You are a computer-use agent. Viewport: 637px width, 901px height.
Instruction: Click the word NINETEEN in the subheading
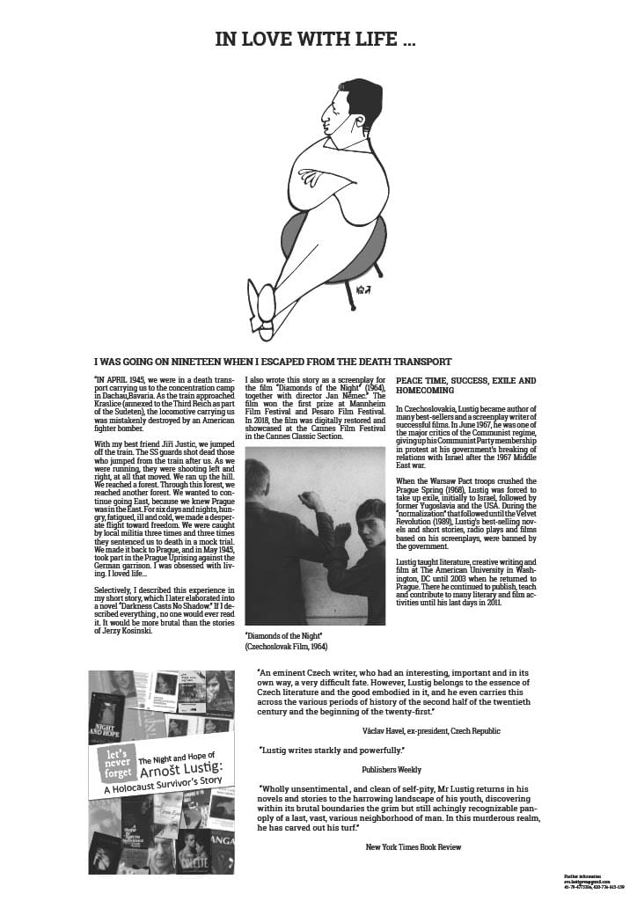tap(208, 362)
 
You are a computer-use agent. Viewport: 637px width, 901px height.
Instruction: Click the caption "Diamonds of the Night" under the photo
tap(283, 635)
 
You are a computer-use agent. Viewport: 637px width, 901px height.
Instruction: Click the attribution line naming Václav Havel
tap(431, 730)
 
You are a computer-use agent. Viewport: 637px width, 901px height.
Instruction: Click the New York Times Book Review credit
tap(414, 846)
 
